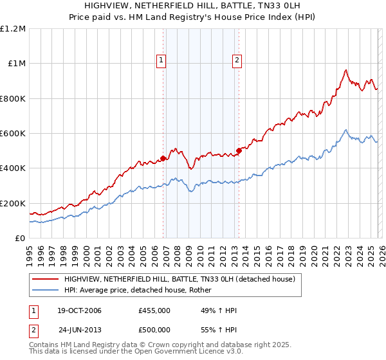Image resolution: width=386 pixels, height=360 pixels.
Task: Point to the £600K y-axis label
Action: (13, 134)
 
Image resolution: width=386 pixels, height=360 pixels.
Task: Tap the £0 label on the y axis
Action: (21, 239)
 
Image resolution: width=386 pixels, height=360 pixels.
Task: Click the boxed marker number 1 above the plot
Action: (161, 60)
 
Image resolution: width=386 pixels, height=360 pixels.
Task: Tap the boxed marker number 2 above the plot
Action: (237, 60)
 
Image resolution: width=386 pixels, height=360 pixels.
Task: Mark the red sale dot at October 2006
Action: (163, 158)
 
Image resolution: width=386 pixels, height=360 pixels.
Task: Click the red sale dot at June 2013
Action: (239, 150)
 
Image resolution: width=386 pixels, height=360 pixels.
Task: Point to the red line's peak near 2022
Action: (346, 70)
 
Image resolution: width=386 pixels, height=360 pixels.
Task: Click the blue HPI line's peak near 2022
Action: (345, 130)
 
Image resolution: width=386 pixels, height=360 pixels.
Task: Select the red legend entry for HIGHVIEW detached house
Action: (179, 280)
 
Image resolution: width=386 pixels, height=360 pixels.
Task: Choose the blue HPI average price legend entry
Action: (142, 291)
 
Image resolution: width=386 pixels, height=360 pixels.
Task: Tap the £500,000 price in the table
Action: (154, 330)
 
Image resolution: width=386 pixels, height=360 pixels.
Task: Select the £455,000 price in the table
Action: (154, 310)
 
